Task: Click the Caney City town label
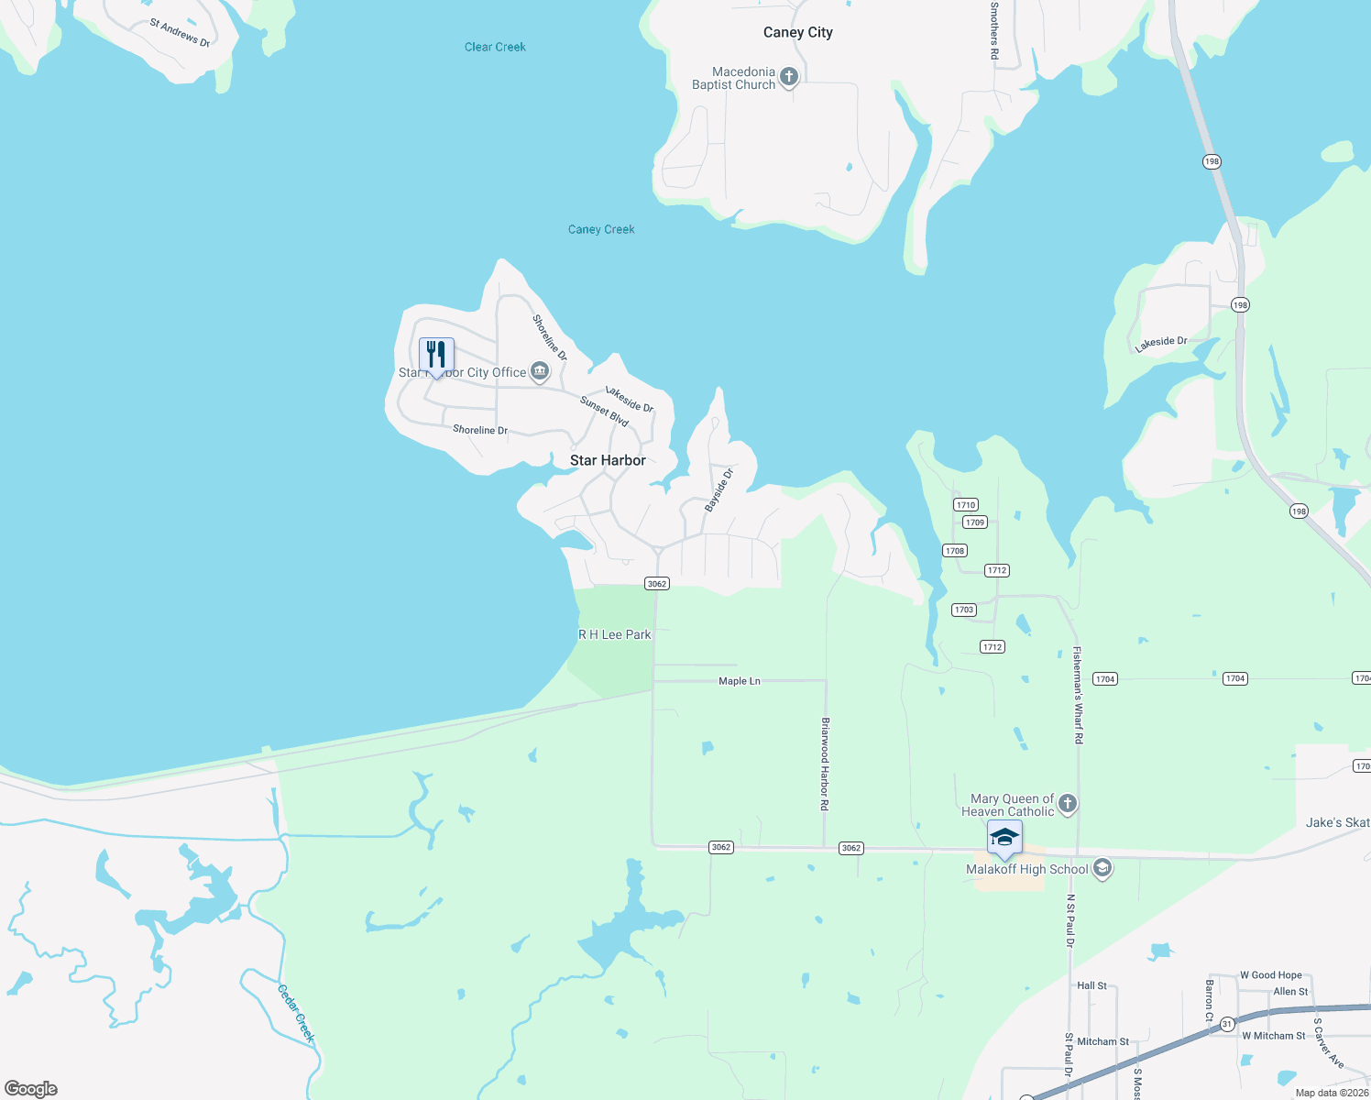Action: pos(797,32)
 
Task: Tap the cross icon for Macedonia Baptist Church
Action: pos(789,77)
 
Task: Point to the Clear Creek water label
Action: pos(495,47)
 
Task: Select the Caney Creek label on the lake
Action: pos(601,229)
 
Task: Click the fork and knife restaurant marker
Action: pos(436,355)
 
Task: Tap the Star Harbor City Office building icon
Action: pos(540,371)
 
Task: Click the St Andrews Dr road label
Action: pos(180,33)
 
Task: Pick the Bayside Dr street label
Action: pos(719,490)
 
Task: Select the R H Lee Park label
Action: pos(614,634)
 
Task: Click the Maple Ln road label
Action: pos(740,681)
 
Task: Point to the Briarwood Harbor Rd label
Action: pos(825,764)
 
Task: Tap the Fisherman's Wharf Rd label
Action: pos(1078,695)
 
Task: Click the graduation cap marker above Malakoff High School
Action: pos(1004,837)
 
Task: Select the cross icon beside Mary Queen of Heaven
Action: pos(1067,804)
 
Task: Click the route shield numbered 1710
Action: pos(966,505)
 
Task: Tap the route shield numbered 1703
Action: pos(963,610)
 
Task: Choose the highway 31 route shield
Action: pos(1227,1024)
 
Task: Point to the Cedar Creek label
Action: pos(296,1012)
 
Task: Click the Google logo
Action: pos(31,1088)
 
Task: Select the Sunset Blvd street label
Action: pos(604,412)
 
